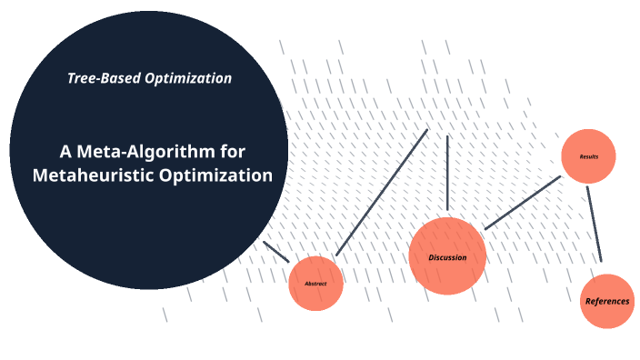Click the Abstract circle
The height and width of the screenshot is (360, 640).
(315, 284)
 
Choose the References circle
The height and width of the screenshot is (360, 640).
(607, 301)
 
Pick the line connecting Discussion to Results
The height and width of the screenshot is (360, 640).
(523, 203)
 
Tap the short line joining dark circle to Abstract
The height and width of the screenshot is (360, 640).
(275, 252)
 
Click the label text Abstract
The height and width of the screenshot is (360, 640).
(315, 284)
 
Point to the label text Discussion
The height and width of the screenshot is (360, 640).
(447, 257)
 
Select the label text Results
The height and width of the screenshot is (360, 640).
(589, 157)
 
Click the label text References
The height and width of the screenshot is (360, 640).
(607, 301)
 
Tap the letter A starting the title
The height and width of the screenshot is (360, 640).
(65, 151)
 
